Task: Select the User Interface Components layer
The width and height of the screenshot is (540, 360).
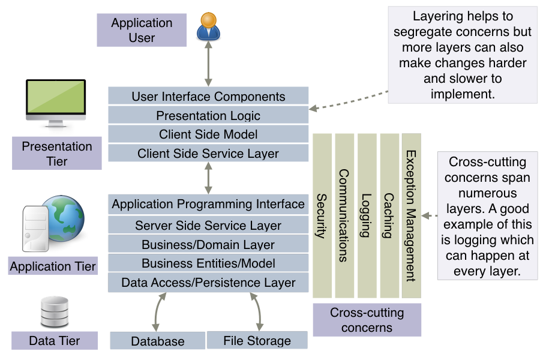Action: point(208,96)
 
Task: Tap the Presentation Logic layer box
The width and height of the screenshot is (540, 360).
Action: point(208,115)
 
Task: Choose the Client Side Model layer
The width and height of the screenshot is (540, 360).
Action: point(208,134)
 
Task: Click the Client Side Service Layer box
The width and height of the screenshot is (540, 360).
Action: point(208,154)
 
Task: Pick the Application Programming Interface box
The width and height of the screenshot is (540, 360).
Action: point(208,205)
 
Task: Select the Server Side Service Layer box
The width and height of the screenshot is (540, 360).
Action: point(208,226)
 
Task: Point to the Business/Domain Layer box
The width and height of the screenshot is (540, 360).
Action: point(208,245)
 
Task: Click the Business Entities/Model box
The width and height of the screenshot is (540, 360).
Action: point(208,263)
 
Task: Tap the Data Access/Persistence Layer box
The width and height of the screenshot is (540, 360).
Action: point(208,283)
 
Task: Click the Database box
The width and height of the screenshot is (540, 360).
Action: point(157,341)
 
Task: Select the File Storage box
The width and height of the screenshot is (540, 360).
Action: point(257,340)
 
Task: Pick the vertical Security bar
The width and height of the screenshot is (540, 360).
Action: point(322,216)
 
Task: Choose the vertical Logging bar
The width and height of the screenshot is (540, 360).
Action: point(367,216)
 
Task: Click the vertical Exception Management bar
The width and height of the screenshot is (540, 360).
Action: point(412,216)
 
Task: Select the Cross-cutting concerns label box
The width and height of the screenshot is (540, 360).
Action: point(367,320)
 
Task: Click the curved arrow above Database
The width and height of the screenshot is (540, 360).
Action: point(158,312)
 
